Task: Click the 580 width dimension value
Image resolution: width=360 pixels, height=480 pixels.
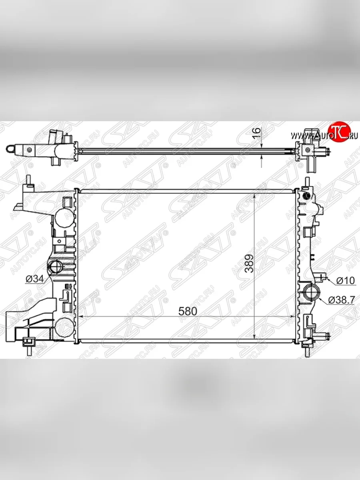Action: coord(188,311)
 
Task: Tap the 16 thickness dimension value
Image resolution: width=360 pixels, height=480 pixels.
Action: coord(257,133)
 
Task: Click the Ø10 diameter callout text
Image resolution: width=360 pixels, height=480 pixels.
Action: coord(345,281)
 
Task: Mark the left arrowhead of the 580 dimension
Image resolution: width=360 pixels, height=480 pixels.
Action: coord(82,316)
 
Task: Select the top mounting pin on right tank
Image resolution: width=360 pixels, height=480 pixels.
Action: coord(307,182)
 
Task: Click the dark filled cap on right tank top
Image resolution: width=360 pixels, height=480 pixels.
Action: coord(307,196)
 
